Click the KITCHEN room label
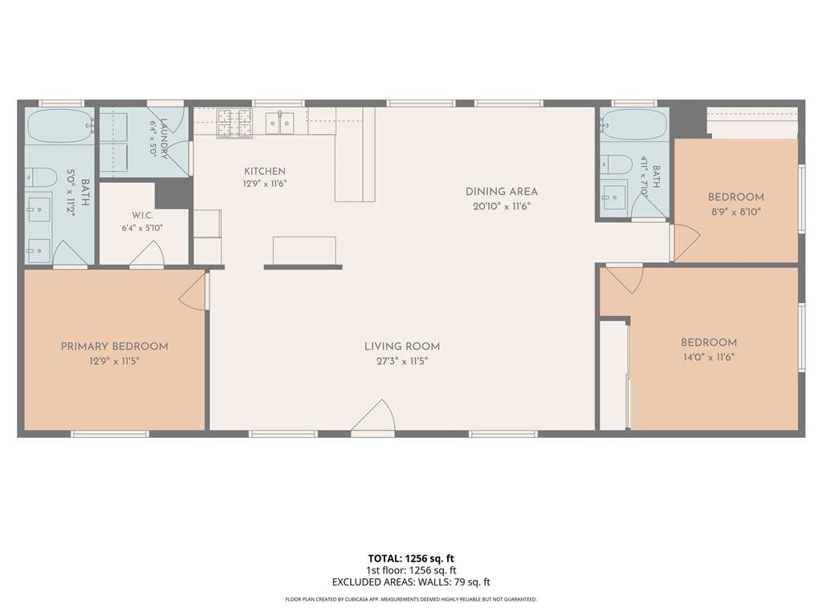coord(265,172)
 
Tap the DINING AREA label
coord(502,192)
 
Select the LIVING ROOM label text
coord(402,346)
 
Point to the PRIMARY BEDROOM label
coord(114,346)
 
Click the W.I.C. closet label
coord(143,215)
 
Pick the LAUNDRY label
coord(164,139)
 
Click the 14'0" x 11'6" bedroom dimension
coord(709,358)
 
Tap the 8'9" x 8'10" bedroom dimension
coord(735,212)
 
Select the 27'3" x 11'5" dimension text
coord(402,361)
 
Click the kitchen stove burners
coord(235,123)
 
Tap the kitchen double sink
coord(279,123)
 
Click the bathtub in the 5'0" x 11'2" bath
coord(59,126)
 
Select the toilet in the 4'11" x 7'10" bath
coord(617,164)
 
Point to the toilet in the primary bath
coord(41,178)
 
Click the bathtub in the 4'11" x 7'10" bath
coord(634,124)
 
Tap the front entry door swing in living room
coord(372,416)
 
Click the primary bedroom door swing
coord(193,291)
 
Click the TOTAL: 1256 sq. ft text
coord(411,558)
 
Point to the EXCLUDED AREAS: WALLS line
coord(411,582)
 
